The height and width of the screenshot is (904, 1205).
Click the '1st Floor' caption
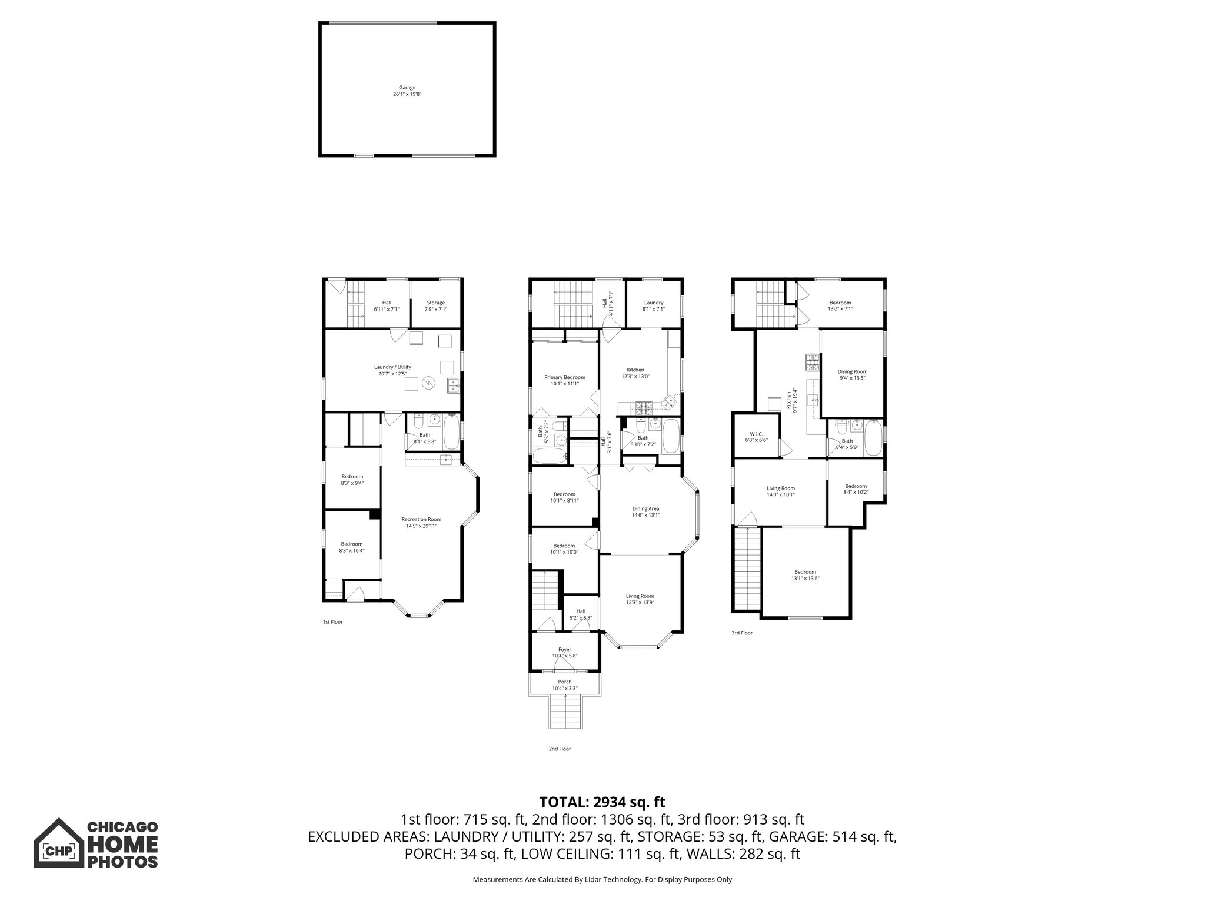[332, 622]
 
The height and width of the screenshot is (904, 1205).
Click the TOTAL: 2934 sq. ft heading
[602, 802]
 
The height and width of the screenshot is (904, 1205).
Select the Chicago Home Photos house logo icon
[58, 843]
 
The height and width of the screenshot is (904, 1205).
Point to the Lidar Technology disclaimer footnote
[602, 879]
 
